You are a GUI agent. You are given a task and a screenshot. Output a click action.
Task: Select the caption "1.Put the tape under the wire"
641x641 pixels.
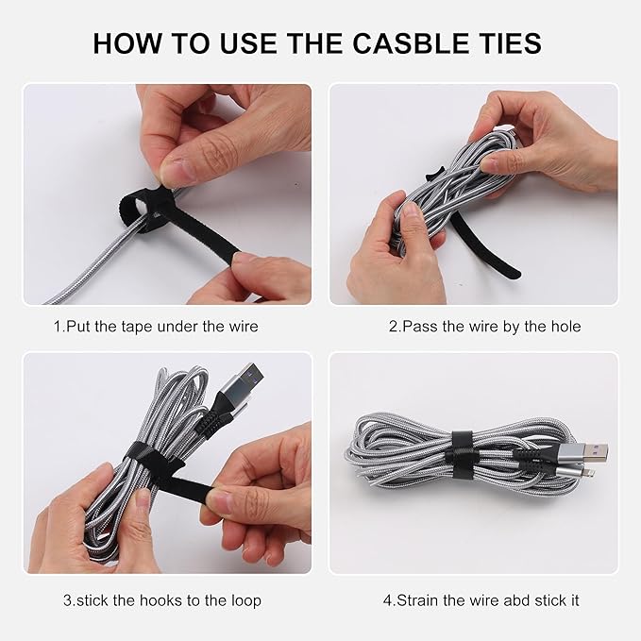[156, 327]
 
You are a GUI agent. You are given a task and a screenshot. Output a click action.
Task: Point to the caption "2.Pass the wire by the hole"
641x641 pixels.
[484, 327]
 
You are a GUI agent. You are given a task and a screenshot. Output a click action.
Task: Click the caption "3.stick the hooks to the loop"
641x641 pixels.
[161, 600]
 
